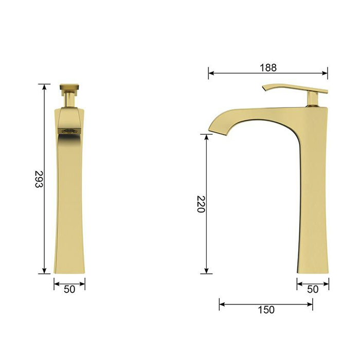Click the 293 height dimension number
(39, 179)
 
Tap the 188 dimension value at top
(268, 68)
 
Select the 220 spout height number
(201, 204)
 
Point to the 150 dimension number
(266, 310)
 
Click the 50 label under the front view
(69, 290)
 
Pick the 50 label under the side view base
(313, 290)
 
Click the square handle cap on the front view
(69, 87)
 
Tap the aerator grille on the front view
(69, 131)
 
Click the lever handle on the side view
(295, 88)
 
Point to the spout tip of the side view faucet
(210, 130)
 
